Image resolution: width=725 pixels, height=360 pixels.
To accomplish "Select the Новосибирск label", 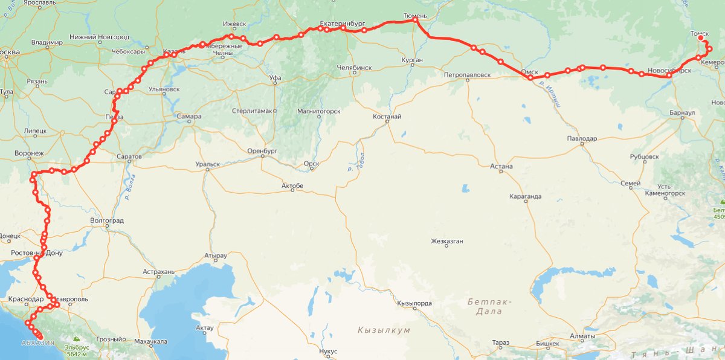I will (x=669, y=70).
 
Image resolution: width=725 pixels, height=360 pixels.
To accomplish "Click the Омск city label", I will (x=529, y=71).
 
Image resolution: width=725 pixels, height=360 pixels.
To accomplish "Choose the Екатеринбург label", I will (x=343, y=24).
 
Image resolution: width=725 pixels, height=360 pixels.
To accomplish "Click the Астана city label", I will (x=502, y=166).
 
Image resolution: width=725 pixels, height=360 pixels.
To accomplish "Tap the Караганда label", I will (x=525, y=196).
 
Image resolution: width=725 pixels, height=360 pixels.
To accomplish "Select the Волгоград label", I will (x=106, y=220).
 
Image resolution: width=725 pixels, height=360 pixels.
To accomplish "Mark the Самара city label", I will (x=189, y=115).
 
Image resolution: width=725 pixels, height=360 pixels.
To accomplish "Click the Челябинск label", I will (x=354, y=68).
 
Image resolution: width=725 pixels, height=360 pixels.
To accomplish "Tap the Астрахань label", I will (x=159, y=272).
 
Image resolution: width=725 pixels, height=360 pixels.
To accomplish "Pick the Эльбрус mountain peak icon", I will (x=76, y=340).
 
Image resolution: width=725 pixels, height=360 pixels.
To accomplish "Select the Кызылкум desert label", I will (x=384, y=330).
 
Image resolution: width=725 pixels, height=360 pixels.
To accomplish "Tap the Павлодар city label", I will (x=582, y=138).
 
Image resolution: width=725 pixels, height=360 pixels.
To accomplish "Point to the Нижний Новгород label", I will (x=99, y=37).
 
